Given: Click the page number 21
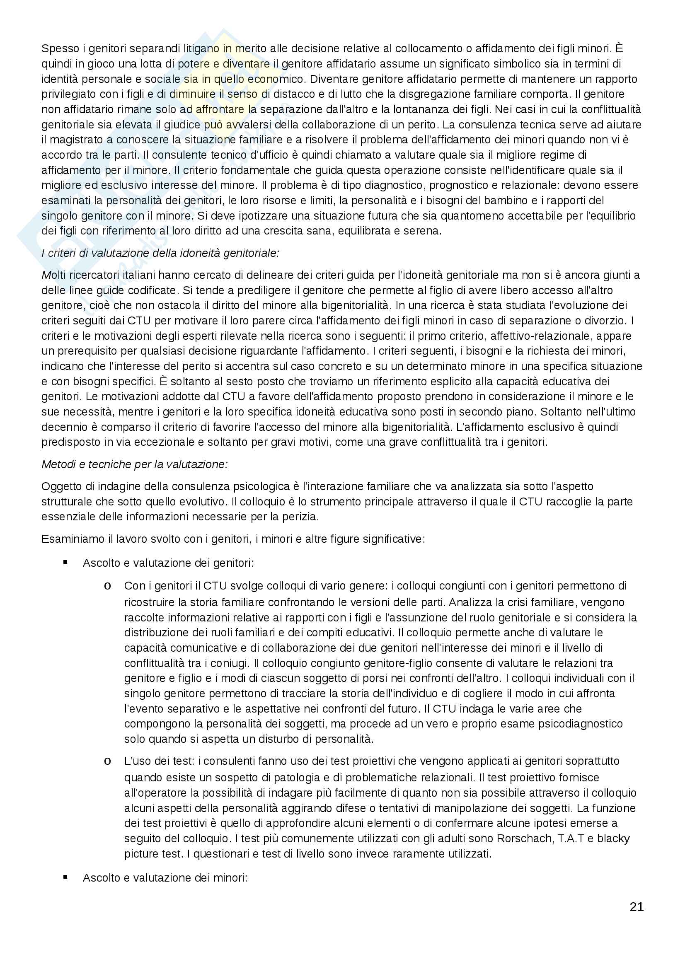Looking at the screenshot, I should point(637,906).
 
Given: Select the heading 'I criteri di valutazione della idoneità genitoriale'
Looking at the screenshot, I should point(160,253).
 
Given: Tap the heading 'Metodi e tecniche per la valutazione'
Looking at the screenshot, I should point(135,464).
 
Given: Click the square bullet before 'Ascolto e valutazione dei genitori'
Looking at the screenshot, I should point(65,562).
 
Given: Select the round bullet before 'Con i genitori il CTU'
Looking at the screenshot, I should point(108,586).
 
